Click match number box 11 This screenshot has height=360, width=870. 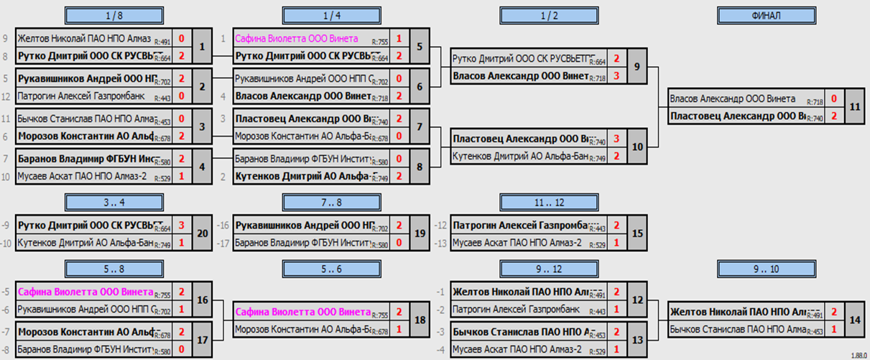point(853,107)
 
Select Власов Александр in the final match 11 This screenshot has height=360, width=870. point(731,99)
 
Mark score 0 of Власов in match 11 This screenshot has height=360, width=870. point(833,99)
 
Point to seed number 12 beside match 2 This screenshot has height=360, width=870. point(6,96)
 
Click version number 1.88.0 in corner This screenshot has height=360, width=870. point(857,355)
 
